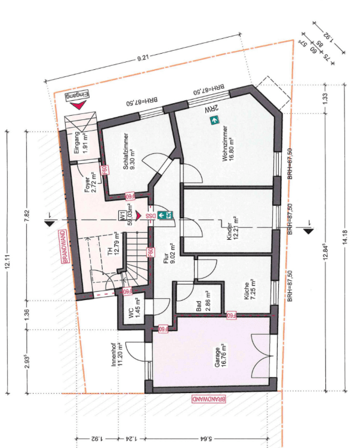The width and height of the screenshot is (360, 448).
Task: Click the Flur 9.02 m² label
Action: pyautogui.click(x=169, y=255)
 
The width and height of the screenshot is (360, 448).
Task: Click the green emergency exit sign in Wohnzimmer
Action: pyautogui.click(x=213, y=121)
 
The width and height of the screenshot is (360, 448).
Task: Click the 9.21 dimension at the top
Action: pyautogui.click(x=143, y=59)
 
